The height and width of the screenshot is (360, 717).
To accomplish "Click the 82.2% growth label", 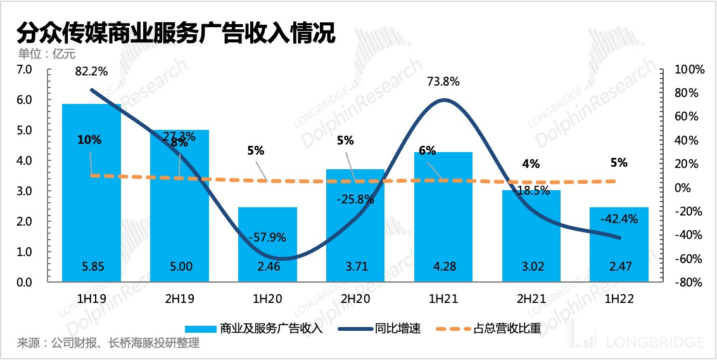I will tap(91, 72).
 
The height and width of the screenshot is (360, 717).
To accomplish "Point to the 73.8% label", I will tap(443, 81).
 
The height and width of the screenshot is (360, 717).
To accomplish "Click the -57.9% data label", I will tap(267, 238).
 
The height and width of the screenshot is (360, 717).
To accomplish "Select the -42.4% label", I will tap(619, 219).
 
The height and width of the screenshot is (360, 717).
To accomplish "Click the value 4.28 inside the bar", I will tap(443, 267).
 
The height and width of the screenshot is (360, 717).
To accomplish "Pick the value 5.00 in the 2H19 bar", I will tap(179, 267).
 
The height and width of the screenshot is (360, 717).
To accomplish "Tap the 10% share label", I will tap(89, 140).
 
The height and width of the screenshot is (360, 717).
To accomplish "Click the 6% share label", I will tap(428, 150).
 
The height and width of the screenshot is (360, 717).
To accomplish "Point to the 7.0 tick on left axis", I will tap(23, 69).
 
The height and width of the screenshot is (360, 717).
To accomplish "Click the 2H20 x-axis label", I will tap(355, 298).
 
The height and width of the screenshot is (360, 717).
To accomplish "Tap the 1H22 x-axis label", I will tap(619, 298).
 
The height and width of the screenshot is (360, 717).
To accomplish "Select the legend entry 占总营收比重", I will tap(507, 328).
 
